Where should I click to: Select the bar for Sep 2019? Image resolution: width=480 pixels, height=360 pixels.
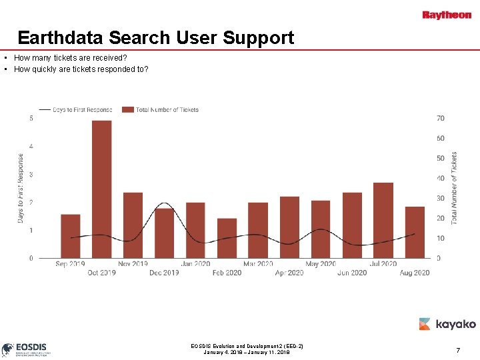(x=70, y=236)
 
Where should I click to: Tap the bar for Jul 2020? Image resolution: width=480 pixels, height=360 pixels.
(x=383, y=220)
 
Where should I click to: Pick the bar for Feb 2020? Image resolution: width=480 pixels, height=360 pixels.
(x=227, y=238)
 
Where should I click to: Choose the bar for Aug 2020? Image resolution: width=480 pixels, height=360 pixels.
(x=415, y=232)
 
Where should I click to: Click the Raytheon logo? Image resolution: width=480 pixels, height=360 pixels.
(x=447, y=15)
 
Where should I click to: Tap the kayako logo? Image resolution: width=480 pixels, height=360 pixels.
(x=447, y=324)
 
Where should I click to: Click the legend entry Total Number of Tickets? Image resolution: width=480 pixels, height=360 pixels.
(x=167, y=110)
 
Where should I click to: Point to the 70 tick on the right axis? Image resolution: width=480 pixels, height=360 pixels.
(x=441, y=119)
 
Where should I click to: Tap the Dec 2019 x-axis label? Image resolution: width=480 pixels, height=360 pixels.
(x=164, y=273)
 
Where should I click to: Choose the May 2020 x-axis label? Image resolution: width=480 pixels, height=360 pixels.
(x=320, y=264)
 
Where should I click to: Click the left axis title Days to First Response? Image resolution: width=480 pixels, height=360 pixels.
(x=21, y=188)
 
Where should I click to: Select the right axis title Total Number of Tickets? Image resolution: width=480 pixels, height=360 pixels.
(x=454, y=187)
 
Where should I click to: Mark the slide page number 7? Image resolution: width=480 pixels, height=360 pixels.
(x=458, y=350)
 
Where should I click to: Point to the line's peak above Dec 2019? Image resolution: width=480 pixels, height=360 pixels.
(x=164, y=203)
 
